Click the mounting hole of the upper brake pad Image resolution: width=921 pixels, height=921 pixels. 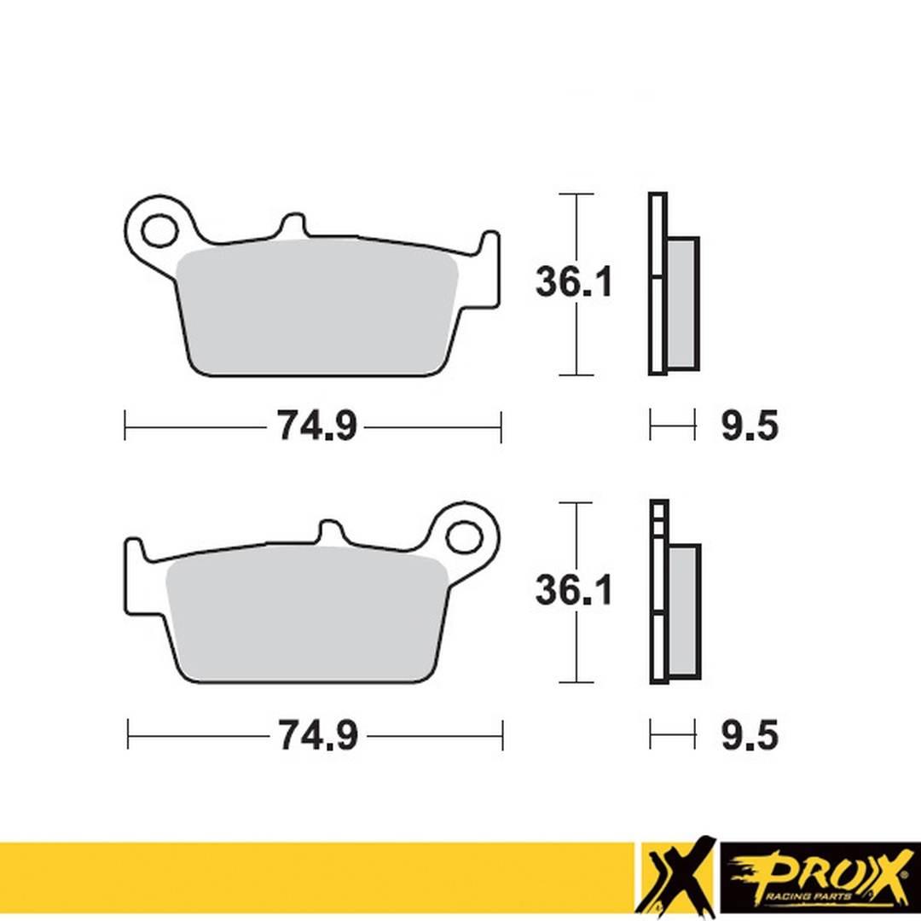pos(158,230)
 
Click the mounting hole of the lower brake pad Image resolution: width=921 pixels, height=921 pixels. pos(463,537)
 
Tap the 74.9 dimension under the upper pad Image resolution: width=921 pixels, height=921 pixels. pos(316,426)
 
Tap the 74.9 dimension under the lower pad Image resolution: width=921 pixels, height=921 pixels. pos(317,734)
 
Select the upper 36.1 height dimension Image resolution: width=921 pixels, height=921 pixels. pos(573,282)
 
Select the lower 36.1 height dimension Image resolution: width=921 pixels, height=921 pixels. pos(573,590)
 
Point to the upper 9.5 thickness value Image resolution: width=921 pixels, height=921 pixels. pos(750,426)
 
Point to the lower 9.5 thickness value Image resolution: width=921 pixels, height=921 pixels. pos(750,734)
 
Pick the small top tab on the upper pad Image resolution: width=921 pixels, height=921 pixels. pos(292,224)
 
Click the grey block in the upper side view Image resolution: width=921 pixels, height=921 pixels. pos(681,303)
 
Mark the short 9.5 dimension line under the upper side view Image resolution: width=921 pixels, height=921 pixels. pos(672,424)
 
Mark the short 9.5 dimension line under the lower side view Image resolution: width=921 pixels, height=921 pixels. pos(672,733)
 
